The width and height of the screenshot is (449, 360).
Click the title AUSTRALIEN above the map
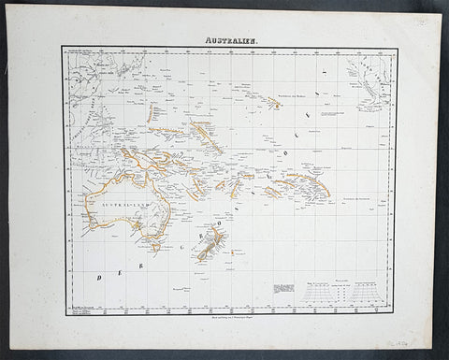[x=225, y=36]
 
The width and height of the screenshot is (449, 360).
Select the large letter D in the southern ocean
[x=96, y=278]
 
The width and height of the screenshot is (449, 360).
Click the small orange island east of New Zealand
[x=234, y=256]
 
